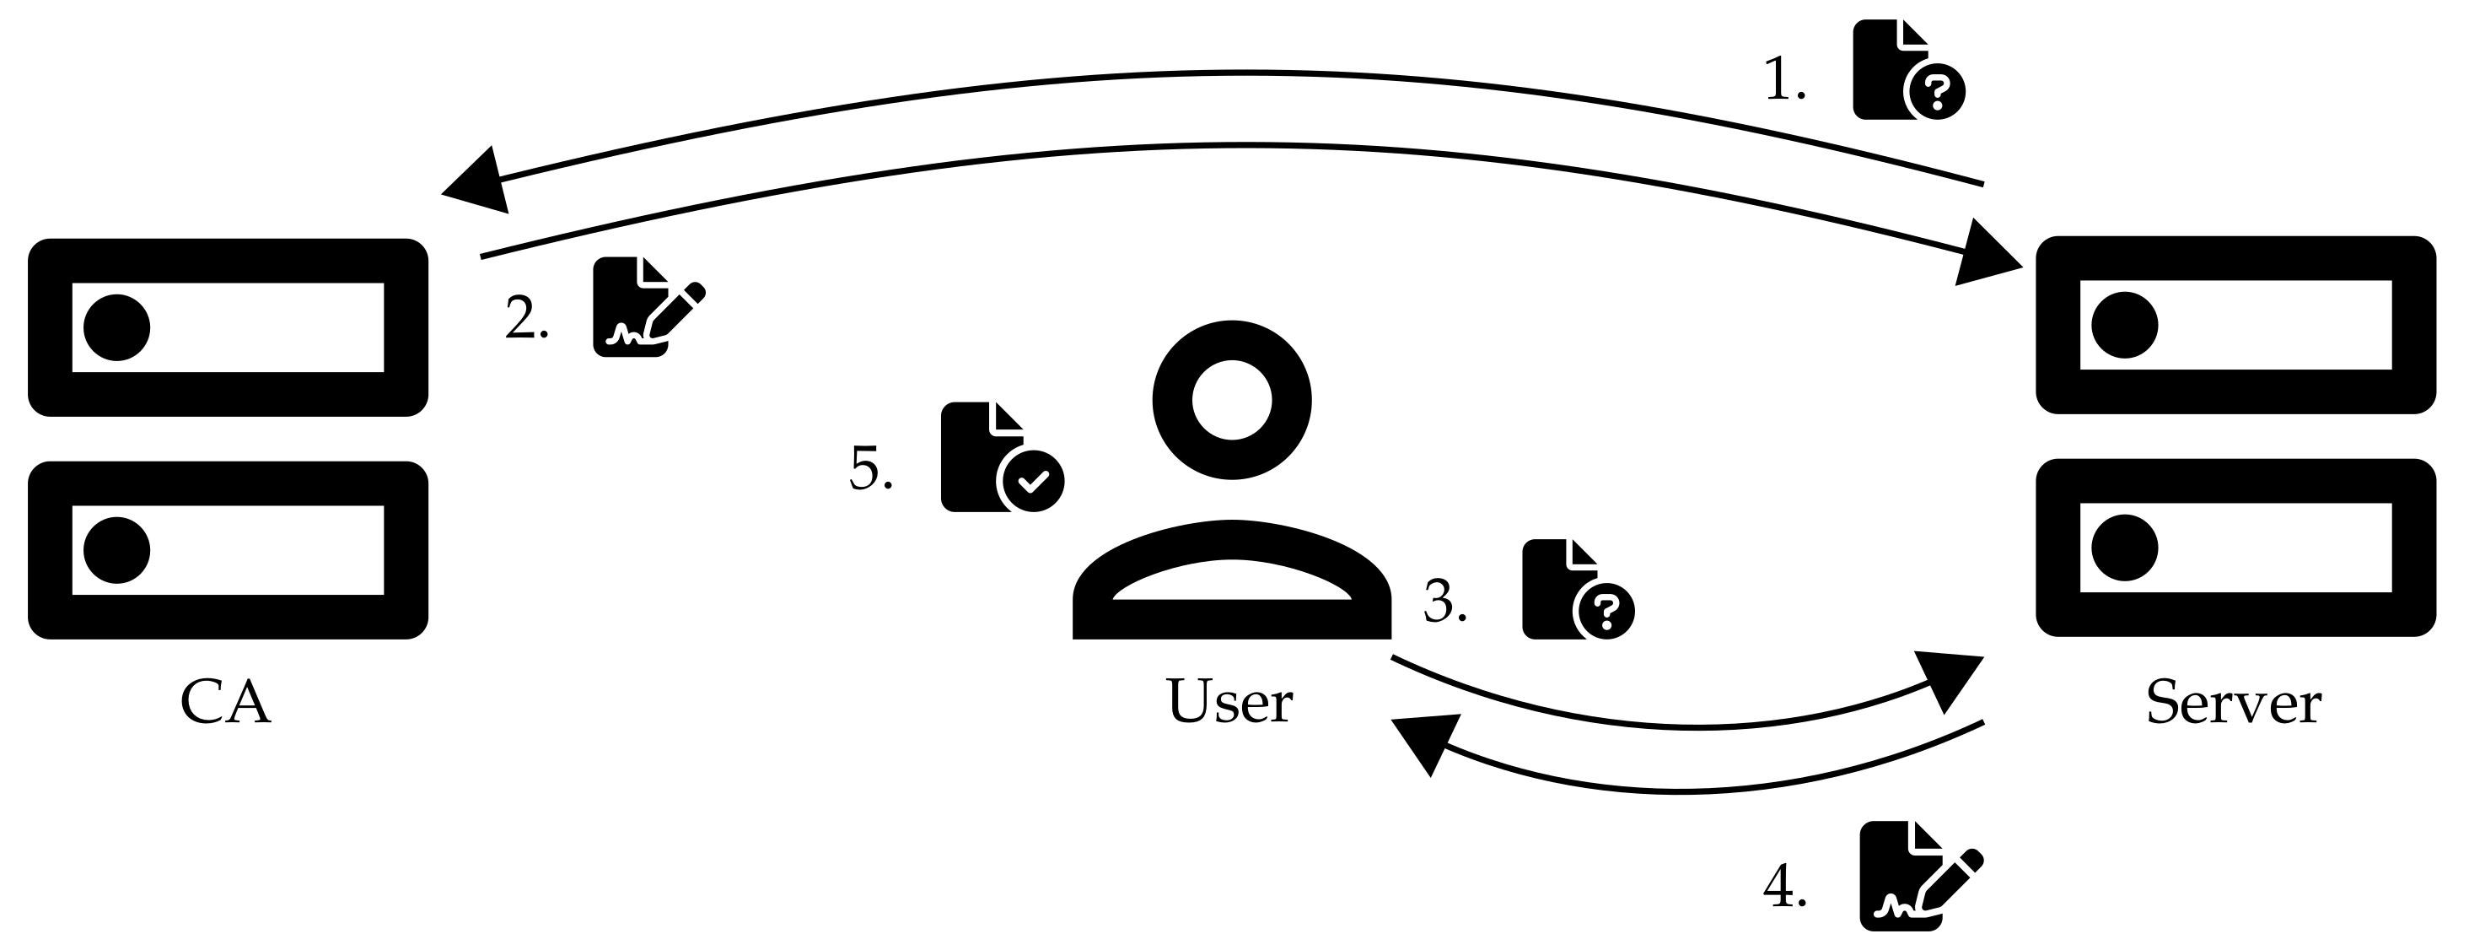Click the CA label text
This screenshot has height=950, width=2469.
point(225,703)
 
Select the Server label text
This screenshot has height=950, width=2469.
point(2233,703)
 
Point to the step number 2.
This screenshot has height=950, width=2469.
point(526,318)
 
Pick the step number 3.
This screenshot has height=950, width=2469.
point(1444,602)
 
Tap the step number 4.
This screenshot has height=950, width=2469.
point(1784,887)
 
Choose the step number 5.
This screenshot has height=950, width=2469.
point(870,470)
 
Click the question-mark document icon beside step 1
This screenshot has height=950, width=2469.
point(1907,71)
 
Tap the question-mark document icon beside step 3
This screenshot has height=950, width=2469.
point(1577,591)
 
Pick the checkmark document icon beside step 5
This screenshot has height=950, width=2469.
point(1001,458)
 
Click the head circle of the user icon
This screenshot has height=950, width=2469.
point(1232,400)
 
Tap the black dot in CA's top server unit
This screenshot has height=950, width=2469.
point(117,327)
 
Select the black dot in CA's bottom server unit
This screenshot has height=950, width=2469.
point(117,550)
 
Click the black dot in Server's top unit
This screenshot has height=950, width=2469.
point(2125,325)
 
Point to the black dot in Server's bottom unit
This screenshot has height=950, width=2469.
point(2125,548)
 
